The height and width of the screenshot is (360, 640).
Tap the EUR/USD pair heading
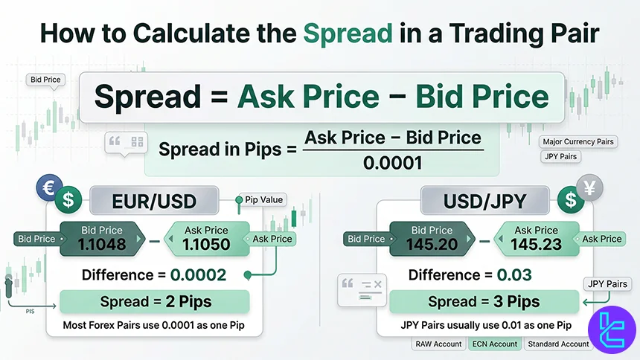click(154, 200)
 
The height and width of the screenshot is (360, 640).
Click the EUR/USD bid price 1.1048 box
click(103, 238)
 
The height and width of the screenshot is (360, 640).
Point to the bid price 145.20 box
click(432, 238)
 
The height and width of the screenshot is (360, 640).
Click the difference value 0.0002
click(198, 275)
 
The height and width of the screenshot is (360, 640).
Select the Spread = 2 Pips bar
click(155, 302)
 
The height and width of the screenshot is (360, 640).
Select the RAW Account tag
click(438, 344)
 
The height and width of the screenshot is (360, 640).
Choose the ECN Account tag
click(493, 344)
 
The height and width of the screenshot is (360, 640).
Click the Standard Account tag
click(558, 344)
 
